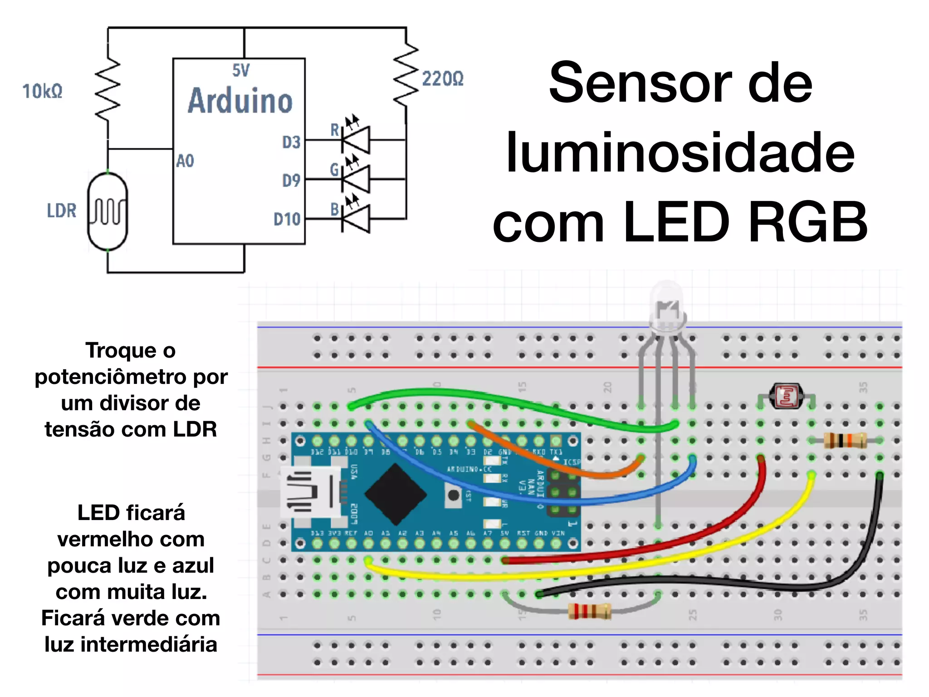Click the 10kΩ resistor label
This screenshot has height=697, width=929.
coord(42,91)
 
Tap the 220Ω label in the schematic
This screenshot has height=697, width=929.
coord(442,79)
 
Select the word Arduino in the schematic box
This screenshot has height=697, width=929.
coord(240,101)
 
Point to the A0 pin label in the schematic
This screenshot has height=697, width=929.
coord(185,161)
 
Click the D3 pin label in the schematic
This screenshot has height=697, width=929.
coord(291,142)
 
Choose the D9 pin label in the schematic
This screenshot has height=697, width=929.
coord(291,181)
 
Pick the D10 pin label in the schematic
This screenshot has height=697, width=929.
coord(287,220)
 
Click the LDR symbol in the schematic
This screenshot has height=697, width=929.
coord(108,211)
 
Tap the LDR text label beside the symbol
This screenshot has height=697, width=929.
coord(62,211)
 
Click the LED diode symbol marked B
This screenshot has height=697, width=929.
coord(356,219)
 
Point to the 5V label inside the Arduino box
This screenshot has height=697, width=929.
coord(241,70)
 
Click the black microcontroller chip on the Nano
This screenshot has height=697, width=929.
coord(396,495)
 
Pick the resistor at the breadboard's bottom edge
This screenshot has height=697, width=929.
coord(589,612)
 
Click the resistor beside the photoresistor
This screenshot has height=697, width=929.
coord(845,440)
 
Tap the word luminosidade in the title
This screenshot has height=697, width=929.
coord(680,153)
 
